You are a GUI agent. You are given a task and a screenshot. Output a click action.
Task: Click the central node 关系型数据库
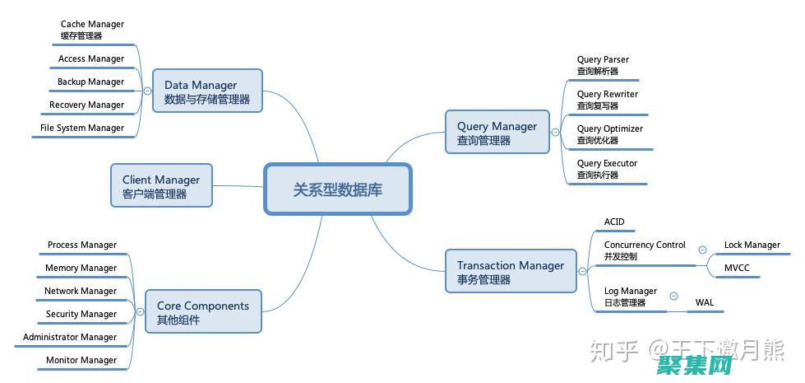pyautogui.click(x=337, y=189)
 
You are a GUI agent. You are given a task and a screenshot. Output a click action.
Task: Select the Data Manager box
pyautogui.click(x=207, y=91)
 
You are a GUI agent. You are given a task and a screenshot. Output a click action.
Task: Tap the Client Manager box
pyautogui.click(x=161, y=185)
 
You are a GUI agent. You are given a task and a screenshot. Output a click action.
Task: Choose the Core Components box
pyautogui.click(x=203, y=311)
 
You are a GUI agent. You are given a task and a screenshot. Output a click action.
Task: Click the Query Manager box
pyautogui.click(x=497, y=132)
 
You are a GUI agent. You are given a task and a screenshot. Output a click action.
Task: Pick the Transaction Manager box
pyautogui.click(x=511, y=271)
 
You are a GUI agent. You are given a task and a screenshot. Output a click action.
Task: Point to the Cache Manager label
pyautogui.click(x=92, y=29)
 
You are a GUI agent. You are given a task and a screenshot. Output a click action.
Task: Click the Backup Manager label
pyautogui.click(x=90, y=82)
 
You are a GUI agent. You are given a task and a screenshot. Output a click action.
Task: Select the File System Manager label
pyautogui.click(x=82, y=128)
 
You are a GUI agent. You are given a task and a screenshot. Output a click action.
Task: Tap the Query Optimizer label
pyautogui.click(x=609, y=133)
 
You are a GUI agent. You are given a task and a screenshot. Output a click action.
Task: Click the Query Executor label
pyautogui.click(x=607, y=168)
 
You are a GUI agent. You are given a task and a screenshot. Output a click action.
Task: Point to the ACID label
pyautogui.click(x=614, y=222)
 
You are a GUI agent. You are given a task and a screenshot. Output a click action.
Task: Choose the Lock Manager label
pyautogui.click(x=752, y=245)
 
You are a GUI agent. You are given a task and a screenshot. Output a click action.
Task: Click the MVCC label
pyautogui.click(x=737, y=268)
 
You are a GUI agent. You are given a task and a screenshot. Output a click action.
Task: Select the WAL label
pyautogui.click(x=705, y=302)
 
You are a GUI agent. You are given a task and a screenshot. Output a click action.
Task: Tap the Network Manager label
pyautogui.click(x=81, y=291)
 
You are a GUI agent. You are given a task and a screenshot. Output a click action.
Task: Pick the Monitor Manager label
pyautogui.click(x=81, y=360)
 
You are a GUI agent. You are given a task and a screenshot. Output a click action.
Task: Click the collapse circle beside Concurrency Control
pyautogui.click(x=702, y=250)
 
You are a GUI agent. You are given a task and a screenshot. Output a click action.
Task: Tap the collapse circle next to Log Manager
pyautogui.click(x=673, y=296)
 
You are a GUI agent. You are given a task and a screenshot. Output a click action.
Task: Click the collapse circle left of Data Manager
pyautogui.click(x=147, y=91)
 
